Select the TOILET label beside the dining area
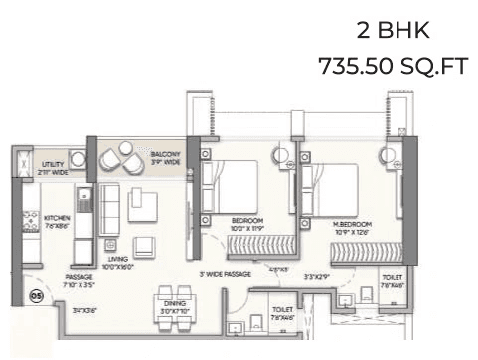pyautogui.click(x=281, y=309)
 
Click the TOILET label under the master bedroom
pyautogui.click(x=392, y=279)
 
